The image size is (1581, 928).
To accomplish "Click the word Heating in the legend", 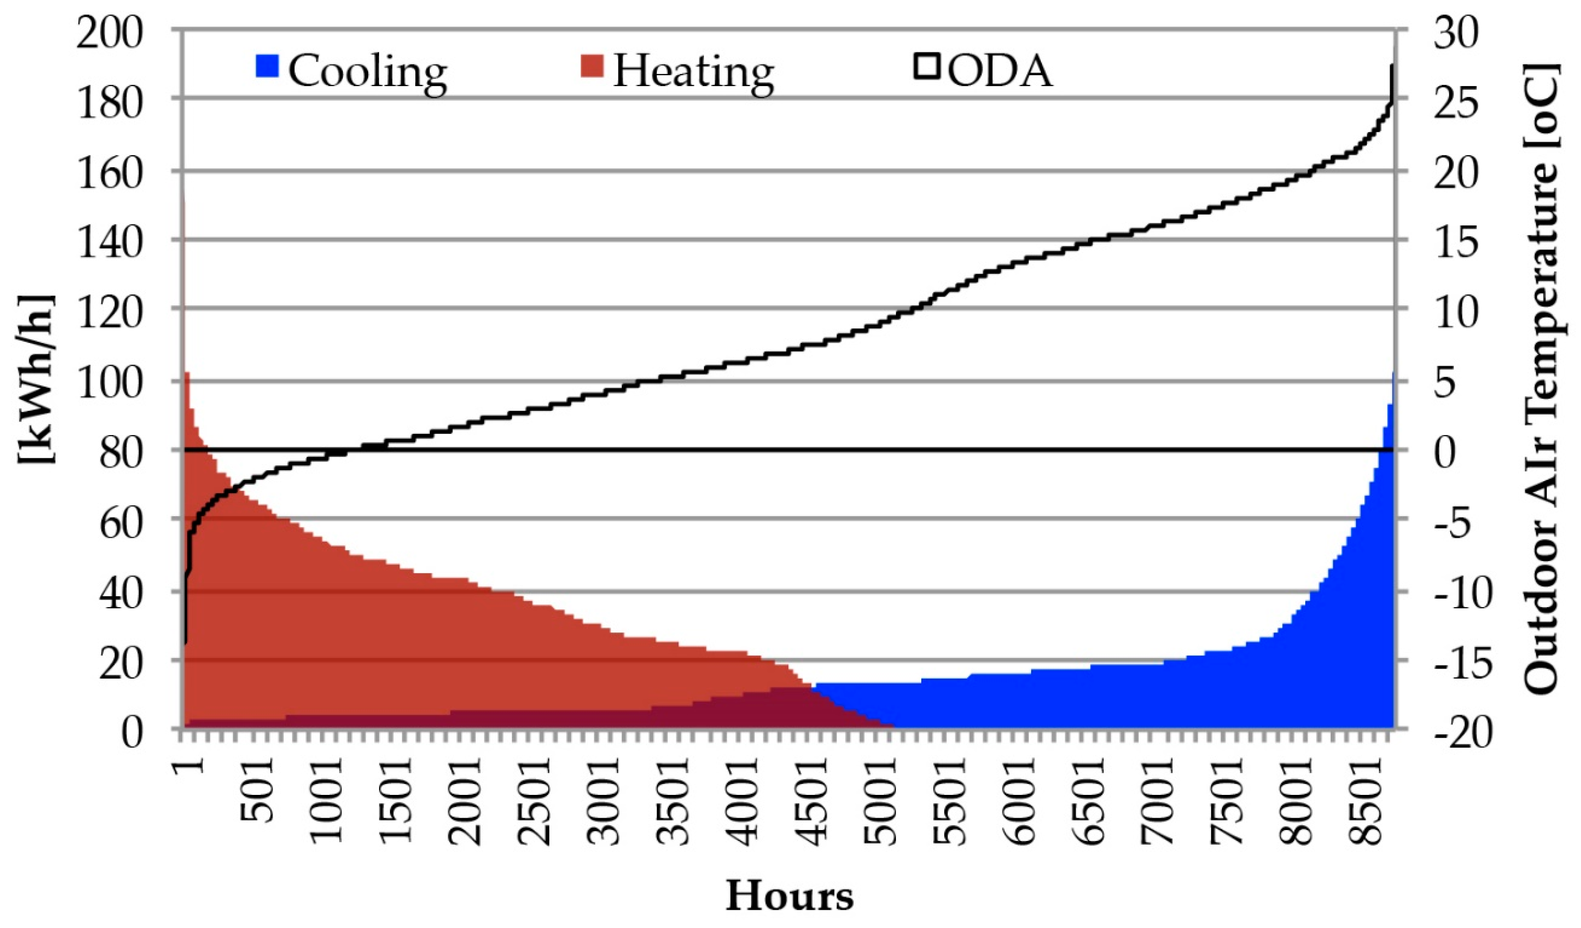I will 693,71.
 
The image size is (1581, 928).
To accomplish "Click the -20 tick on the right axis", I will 1463,732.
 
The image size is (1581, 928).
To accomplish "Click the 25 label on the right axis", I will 1456,102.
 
